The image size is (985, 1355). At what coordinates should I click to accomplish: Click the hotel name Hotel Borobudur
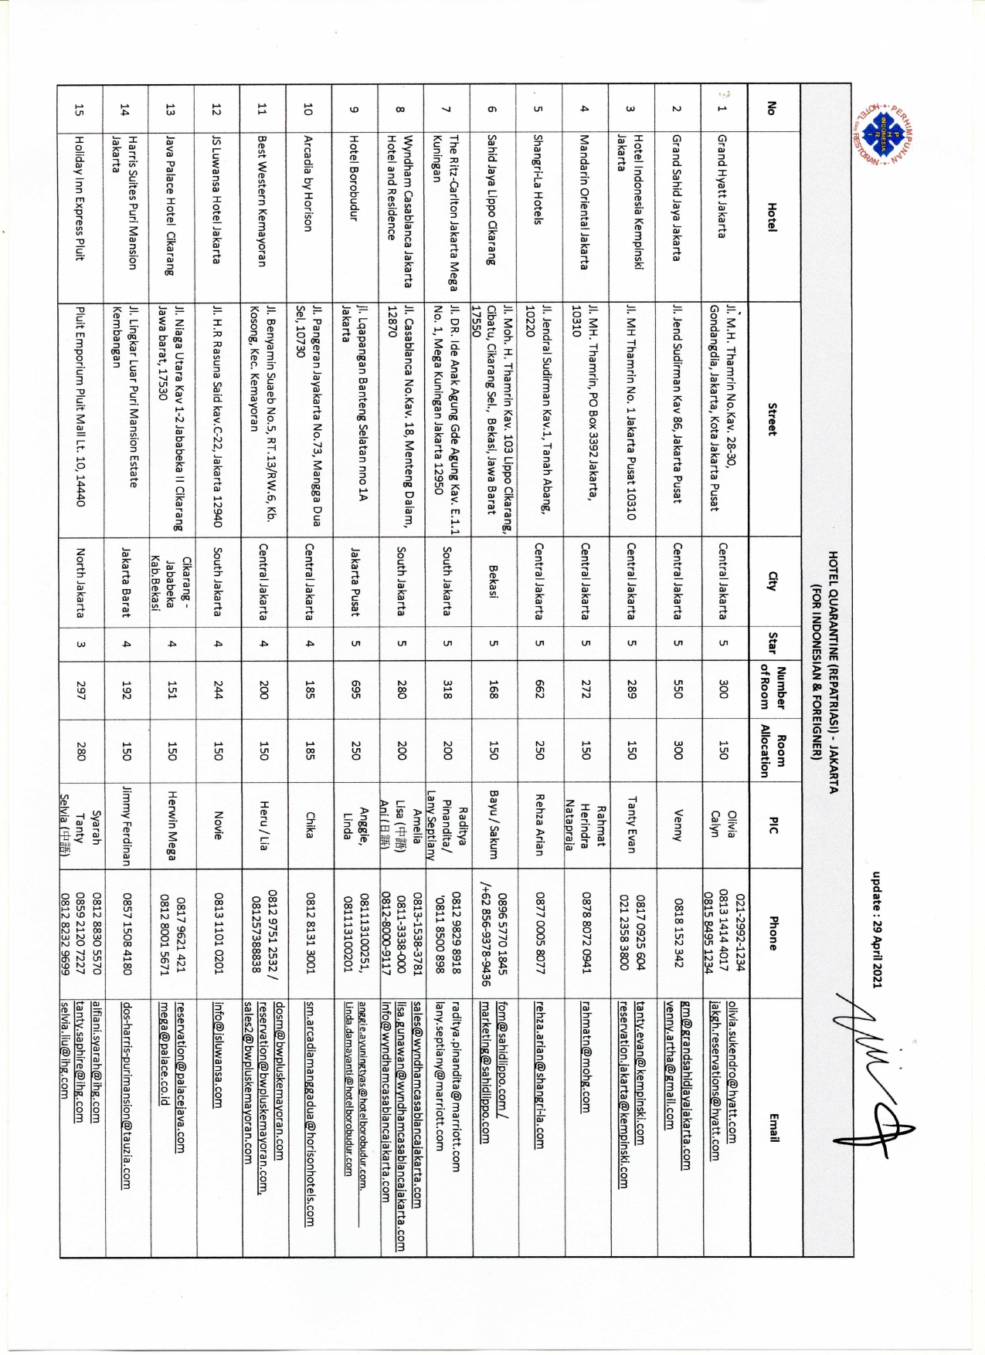[354, 178]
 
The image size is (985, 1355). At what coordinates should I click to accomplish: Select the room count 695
[355, 689]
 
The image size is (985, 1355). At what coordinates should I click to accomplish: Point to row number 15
[80, 109]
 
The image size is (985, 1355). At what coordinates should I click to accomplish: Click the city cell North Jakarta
[80, 583]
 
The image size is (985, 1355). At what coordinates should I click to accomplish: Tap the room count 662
[539, 689]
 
